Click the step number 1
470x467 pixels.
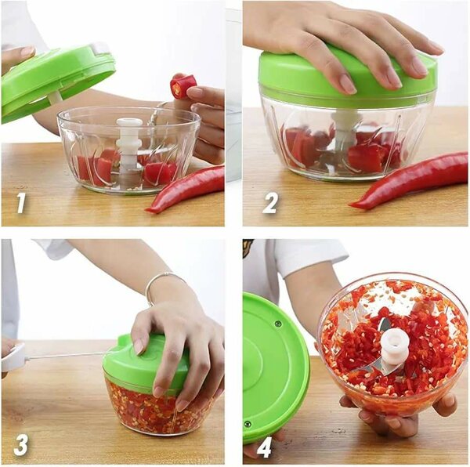21,204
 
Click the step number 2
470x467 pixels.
269,204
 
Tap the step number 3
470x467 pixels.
21,444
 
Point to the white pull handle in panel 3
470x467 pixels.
13,357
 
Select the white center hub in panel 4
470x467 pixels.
395,345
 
